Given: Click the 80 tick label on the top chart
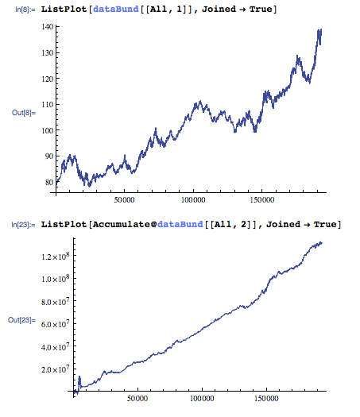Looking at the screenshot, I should [48, 182].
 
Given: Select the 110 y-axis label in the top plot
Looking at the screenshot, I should [46, 104].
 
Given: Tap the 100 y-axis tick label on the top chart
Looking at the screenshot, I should [46, 130].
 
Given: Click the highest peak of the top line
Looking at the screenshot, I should [319, 31].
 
